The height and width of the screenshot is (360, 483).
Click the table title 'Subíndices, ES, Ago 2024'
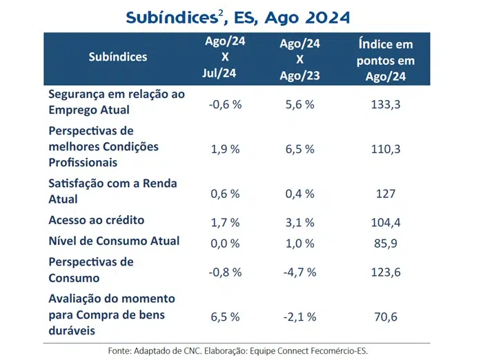click(x=238, y=17)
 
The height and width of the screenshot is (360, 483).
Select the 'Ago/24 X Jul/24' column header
click(x=225, y=57)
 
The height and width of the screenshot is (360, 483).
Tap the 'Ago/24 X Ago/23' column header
click(x=299, y=59)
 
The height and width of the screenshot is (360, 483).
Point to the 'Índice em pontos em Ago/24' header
click(x=386, y=61)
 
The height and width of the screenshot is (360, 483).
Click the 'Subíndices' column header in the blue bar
click(x=118, y=57)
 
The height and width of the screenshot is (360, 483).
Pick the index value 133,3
click(x=386, y=104)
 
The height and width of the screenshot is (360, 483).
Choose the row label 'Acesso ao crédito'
click(x=97, y=220)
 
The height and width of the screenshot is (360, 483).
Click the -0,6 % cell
click(x=225, y=104)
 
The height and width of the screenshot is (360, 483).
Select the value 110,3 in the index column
click(x=386, y=149)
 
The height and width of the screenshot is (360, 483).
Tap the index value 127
click(x=386, y=194)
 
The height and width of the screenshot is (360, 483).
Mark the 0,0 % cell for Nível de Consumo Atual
click(x=225, y=243)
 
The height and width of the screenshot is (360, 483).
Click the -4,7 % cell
click(x=299, y=272)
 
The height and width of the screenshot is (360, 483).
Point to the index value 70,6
click(x=386, y=317)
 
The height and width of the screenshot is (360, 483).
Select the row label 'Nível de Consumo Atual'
click(x=114, y=241)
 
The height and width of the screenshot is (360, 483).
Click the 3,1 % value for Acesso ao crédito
click(x=299, y=222)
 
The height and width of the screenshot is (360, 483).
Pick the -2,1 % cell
click(x=299, y=317)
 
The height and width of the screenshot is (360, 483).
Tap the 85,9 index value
click(x=386, y=243)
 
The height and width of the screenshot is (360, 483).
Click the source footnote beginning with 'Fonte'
click(x=238, y=351)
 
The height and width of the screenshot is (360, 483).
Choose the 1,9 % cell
click(x=225, y=149)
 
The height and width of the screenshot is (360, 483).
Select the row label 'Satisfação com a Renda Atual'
click(x=112, y=191)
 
